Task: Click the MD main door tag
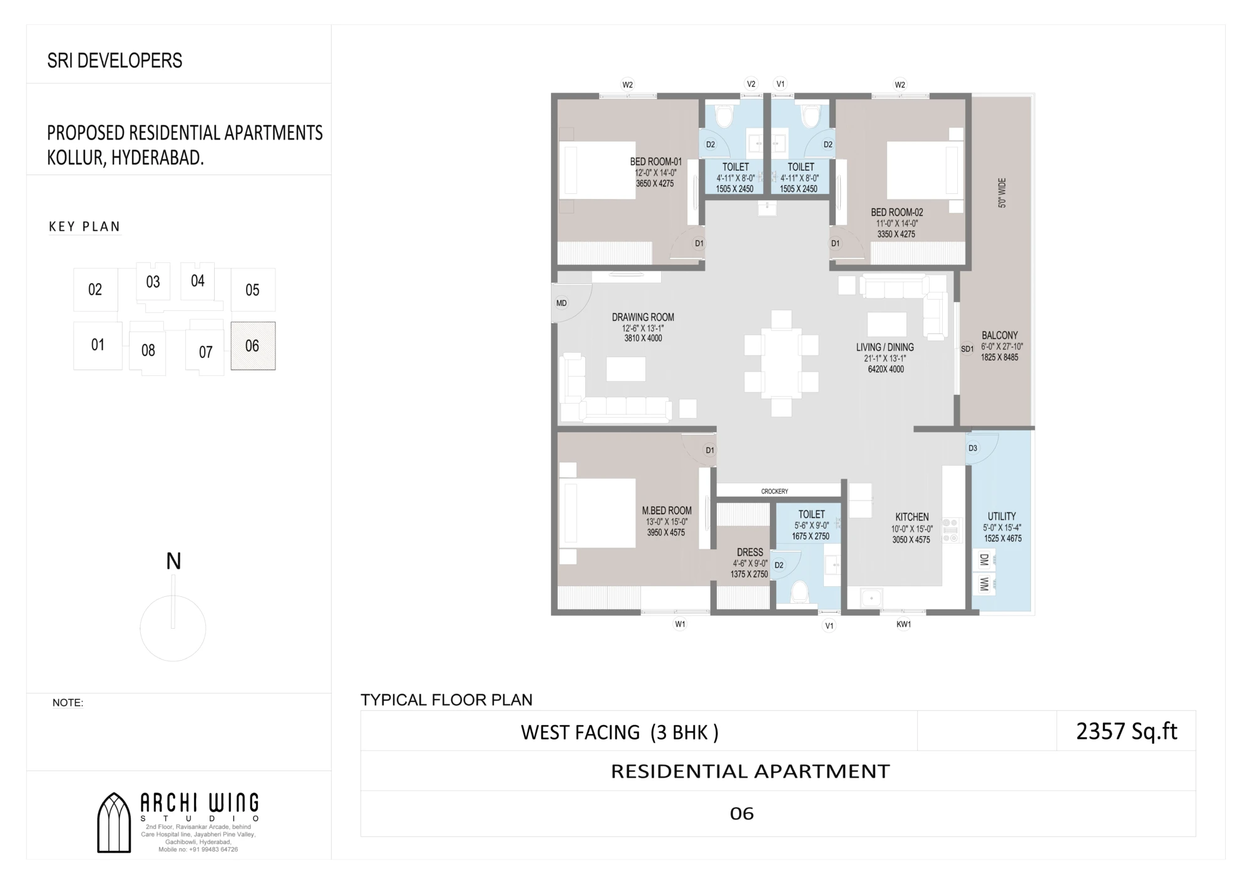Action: [562, 303]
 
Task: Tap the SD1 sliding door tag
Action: [967, 349]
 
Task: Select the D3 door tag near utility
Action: [973, 448]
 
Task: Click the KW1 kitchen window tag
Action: [903, 624]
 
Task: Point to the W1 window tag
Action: [680, 624]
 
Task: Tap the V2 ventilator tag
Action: [751, 84]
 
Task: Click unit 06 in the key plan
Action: [253, 346]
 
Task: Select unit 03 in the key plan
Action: [153, 282]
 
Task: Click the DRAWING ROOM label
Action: [643, 317]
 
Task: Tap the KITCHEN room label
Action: [912, 517]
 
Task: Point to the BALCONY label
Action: [1000, 335]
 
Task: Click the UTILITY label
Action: [1002, 516]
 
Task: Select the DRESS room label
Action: [750, 552]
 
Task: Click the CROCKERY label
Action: [774, 491]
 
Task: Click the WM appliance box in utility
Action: [985, 584]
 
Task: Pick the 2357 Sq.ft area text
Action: [1127, 731]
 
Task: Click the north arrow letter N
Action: [173, 561]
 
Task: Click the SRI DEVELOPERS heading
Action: [115, 60]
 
